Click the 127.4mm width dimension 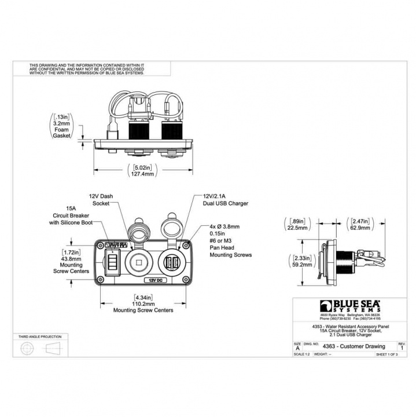[x=143, y=174]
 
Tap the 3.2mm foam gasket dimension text [x=61, y=123]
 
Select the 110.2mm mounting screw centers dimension [x=143, y=303]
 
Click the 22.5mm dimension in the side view [x=299, y=228]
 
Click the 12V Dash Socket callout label [x=100, y=200]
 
